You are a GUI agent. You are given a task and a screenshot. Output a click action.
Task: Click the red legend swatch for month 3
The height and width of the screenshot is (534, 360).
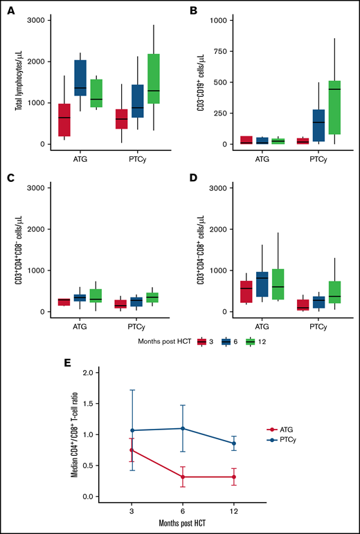(203, 340)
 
